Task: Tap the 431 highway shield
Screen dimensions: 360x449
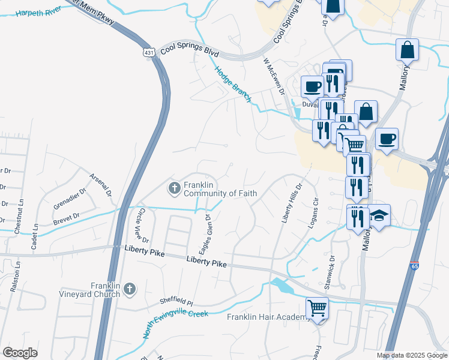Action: click(149, 53)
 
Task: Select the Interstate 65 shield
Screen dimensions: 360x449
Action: click(415, 266)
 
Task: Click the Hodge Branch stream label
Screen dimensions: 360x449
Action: click(234, 84)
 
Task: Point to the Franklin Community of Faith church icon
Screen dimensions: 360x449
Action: click(174, 189)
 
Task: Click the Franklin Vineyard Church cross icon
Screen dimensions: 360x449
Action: click(129, 290)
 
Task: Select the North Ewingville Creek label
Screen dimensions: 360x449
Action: click(175, 322)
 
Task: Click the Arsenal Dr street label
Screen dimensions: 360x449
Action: click(100, 185)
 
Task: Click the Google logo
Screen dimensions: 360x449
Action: click(20, 352)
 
